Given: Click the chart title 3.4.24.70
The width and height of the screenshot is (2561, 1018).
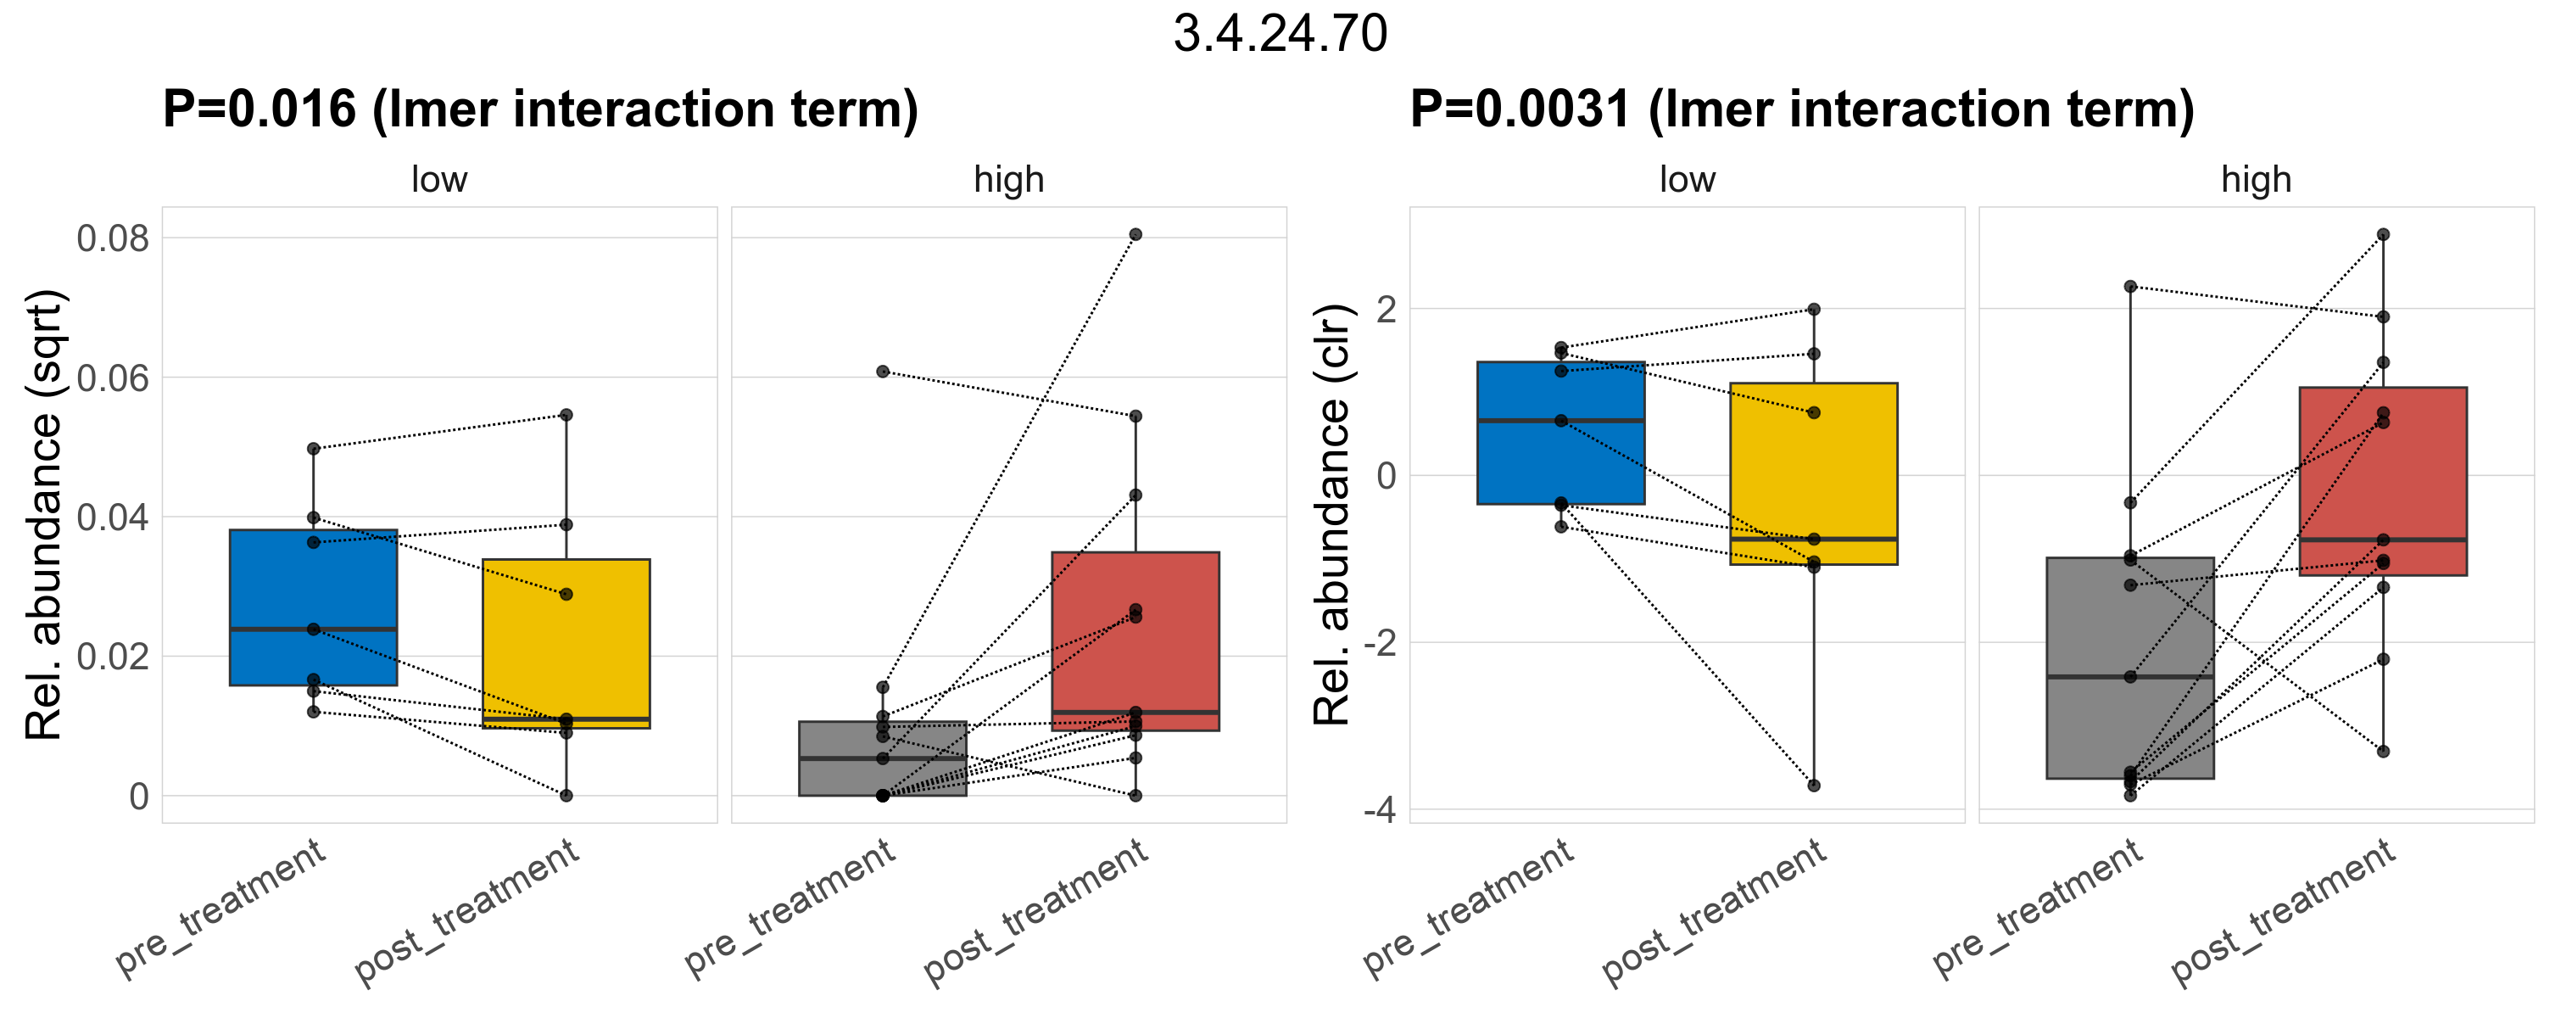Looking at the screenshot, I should (x=1280, y=34).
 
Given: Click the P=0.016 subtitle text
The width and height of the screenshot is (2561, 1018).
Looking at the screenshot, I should (x=540, y=109).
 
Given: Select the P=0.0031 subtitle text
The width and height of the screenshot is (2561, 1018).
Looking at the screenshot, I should (x=1801, y=109).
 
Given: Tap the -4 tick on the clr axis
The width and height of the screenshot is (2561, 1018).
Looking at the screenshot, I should (x=1379, y=810).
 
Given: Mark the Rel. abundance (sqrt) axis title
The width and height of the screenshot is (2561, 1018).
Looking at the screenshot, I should (x=44, y=515).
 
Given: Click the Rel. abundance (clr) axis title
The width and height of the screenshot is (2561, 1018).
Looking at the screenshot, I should (x=1331, y=515).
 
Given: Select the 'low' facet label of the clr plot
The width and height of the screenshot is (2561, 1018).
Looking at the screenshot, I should (x=1687, y=180).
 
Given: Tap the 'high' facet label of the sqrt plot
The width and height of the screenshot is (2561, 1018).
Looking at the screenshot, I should (x=1009, y=180).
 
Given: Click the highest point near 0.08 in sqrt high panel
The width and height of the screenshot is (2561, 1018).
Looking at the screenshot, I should (x=1135, y=235).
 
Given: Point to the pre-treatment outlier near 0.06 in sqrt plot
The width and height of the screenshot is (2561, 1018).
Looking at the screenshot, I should (x=883, y=372).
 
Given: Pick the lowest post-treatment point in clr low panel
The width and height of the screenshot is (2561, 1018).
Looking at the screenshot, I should (x=1813, y=786).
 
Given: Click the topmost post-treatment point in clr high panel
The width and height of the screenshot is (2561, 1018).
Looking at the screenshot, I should (x=2383, y=235).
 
